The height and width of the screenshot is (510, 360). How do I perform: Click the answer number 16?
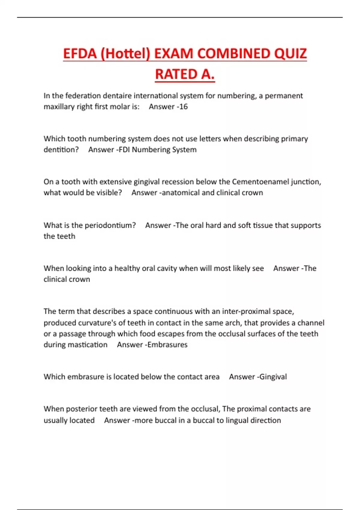183,107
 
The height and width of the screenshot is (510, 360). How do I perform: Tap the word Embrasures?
167,345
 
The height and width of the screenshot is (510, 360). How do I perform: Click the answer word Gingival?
273,377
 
